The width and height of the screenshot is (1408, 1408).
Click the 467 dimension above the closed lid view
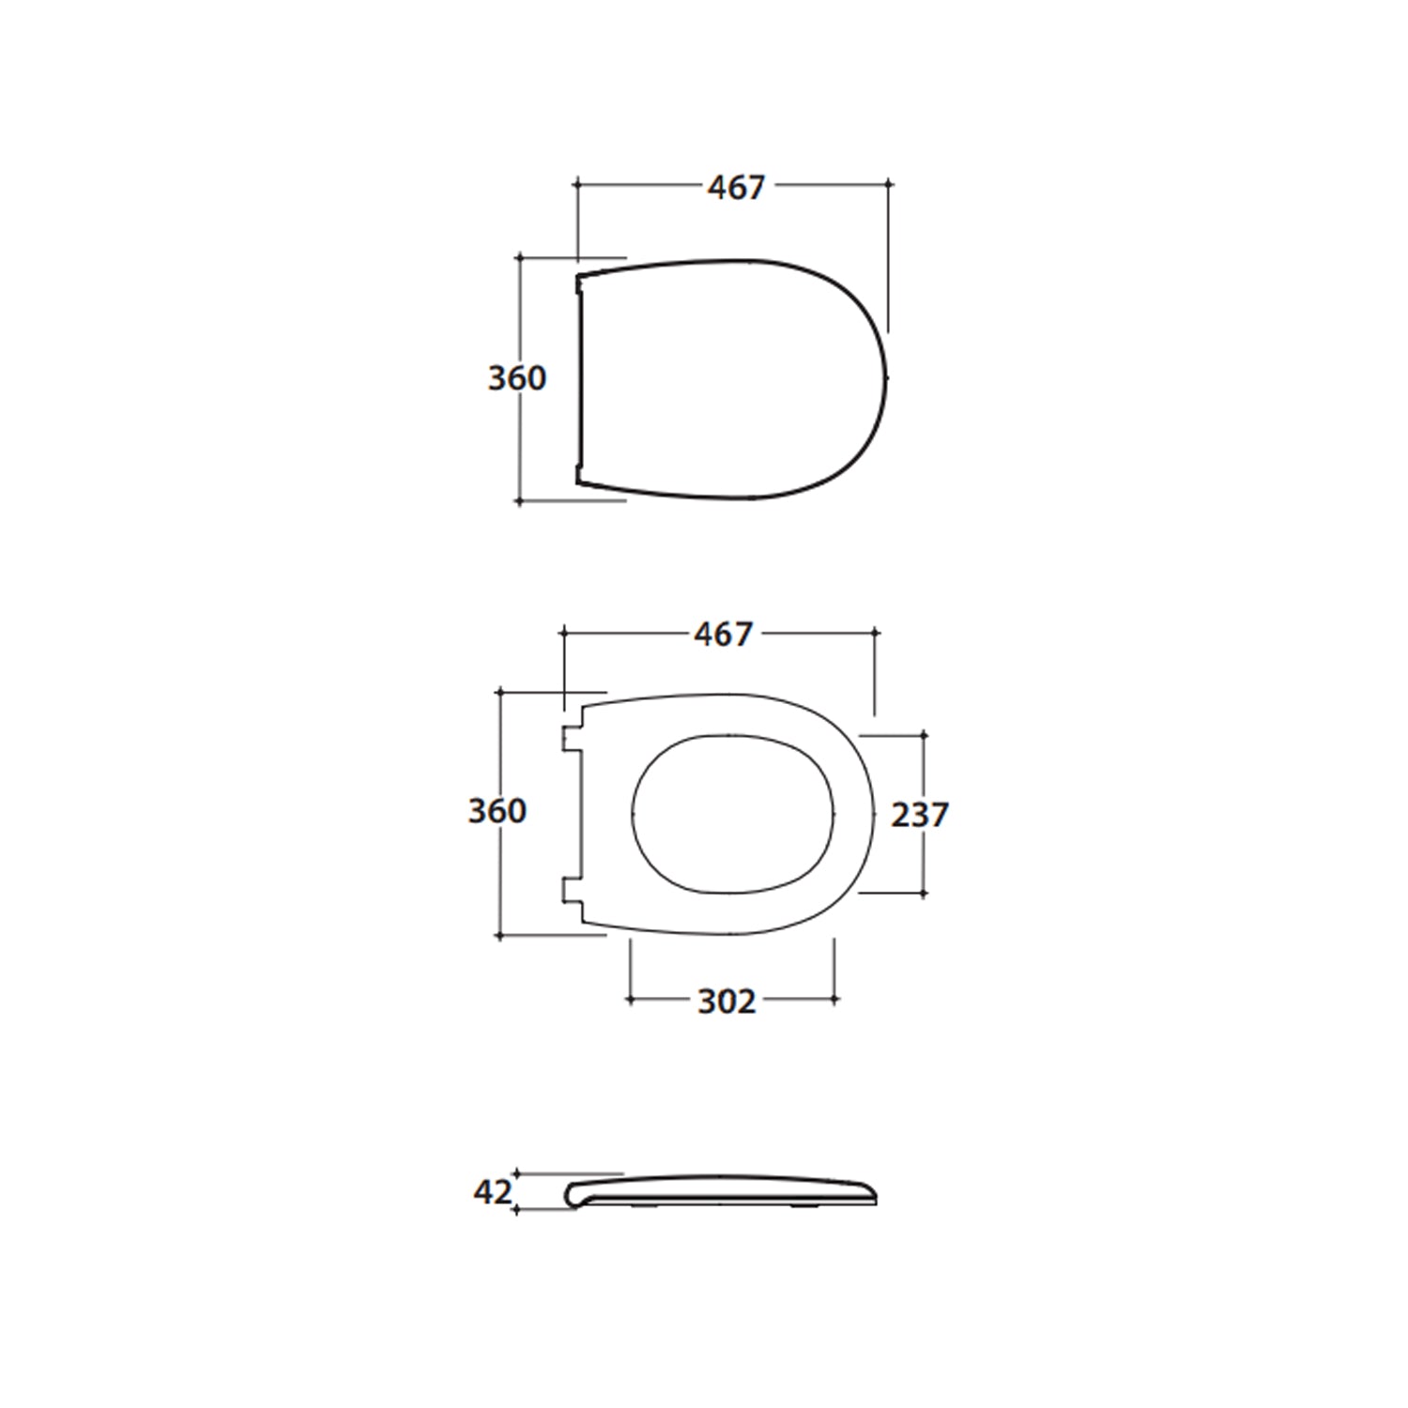click(737, 188)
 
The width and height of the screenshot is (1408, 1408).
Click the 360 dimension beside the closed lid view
click(516, 378)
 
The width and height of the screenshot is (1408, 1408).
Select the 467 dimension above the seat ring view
click(724, 635)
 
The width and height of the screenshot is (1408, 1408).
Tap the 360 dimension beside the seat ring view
click(497, 811)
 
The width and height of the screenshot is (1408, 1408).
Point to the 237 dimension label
click(920, 815)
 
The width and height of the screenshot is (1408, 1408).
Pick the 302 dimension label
click(727, 1002)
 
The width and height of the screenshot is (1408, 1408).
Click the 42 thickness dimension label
click(493, 1192)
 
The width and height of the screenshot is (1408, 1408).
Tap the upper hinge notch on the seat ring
click(572, 739)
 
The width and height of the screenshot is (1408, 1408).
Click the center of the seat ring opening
click(733, 813)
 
